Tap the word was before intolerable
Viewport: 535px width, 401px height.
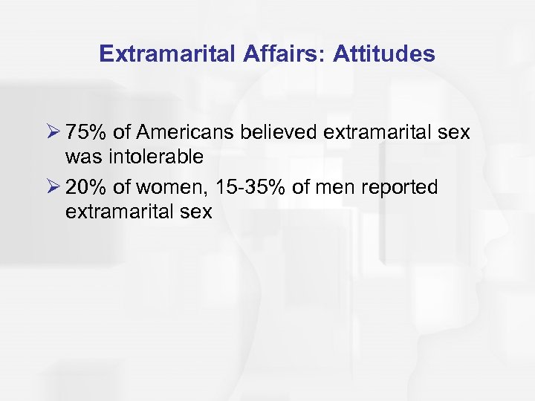[81, 157]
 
